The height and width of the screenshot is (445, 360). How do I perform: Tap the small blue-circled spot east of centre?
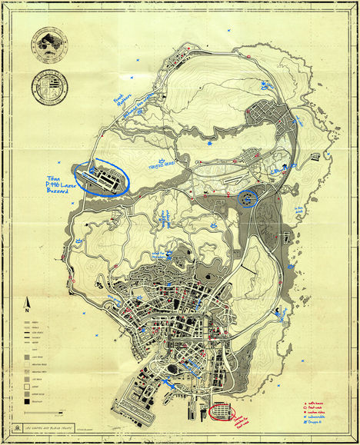click(248, 200)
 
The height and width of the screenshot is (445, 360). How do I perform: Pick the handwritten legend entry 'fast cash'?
click(315, 407)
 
